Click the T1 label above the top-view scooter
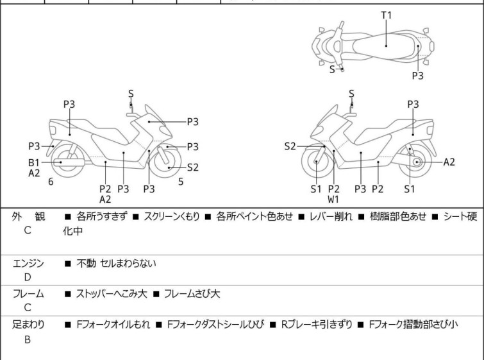(x=386, y=15)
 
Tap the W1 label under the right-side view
(x=333, y=200)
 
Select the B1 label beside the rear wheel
(x=34, y=162)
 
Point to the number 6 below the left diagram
(x=51, y=182)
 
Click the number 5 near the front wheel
(x=181, y=182)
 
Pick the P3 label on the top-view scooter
(x=417, y=75)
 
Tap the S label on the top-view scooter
(x=332, y=69)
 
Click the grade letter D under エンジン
(x=28, y=277)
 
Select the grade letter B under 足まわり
(x=28, y=339)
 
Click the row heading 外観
(x=28, y=216)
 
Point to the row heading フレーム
(x=28, y=293)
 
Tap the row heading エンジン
(x=28, y=263)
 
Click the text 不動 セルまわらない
(x=117, y=263)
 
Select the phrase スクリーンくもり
(x=172, y=216)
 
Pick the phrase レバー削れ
(x=331, y=216)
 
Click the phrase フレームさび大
(x=192, y=293)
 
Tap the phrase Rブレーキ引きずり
(x=317, y=325)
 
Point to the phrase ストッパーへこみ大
(x=112, y=293)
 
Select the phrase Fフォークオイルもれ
(x=113, y=325)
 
